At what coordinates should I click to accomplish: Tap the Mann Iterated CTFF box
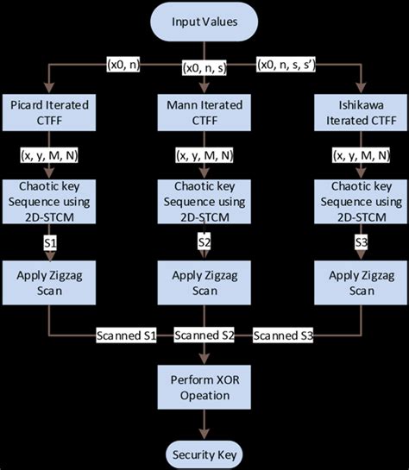pyautogui.click(x=205, y=113)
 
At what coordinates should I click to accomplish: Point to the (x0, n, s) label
pyautogui.click(x=204, y=67)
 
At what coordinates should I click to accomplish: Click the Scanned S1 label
pyautogui.click(x=125, y=334)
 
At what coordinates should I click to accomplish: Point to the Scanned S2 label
pyautogui.click(x=204, y=334)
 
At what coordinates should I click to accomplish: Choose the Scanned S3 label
pyautogui.click(x=283, y=334)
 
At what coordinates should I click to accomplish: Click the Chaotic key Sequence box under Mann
pyautogui.click(x=205, y=202)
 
